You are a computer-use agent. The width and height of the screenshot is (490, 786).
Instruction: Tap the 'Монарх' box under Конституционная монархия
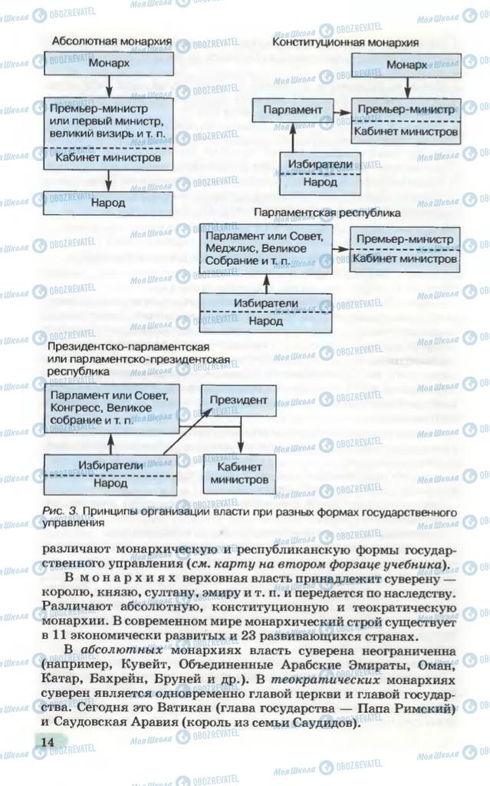(406, 65)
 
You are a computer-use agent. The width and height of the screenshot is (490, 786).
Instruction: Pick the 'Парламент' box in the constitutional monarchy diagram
(292, 110)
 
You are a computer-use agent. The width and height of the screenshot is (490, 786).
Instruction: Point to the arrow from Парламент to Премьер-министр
(342, 110)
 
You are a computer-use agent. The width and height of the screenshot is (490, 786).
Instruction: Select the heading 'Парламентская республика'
(327, 212)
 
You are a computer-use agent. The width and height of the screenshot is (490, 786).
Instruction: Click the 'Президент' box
(239, 401)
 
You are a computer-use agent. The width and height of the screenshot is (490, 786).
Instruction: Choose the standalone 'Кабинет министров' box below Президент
(239, 473)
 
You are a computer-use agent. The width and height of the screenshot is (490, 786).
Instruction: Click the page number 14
(48, 741)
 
